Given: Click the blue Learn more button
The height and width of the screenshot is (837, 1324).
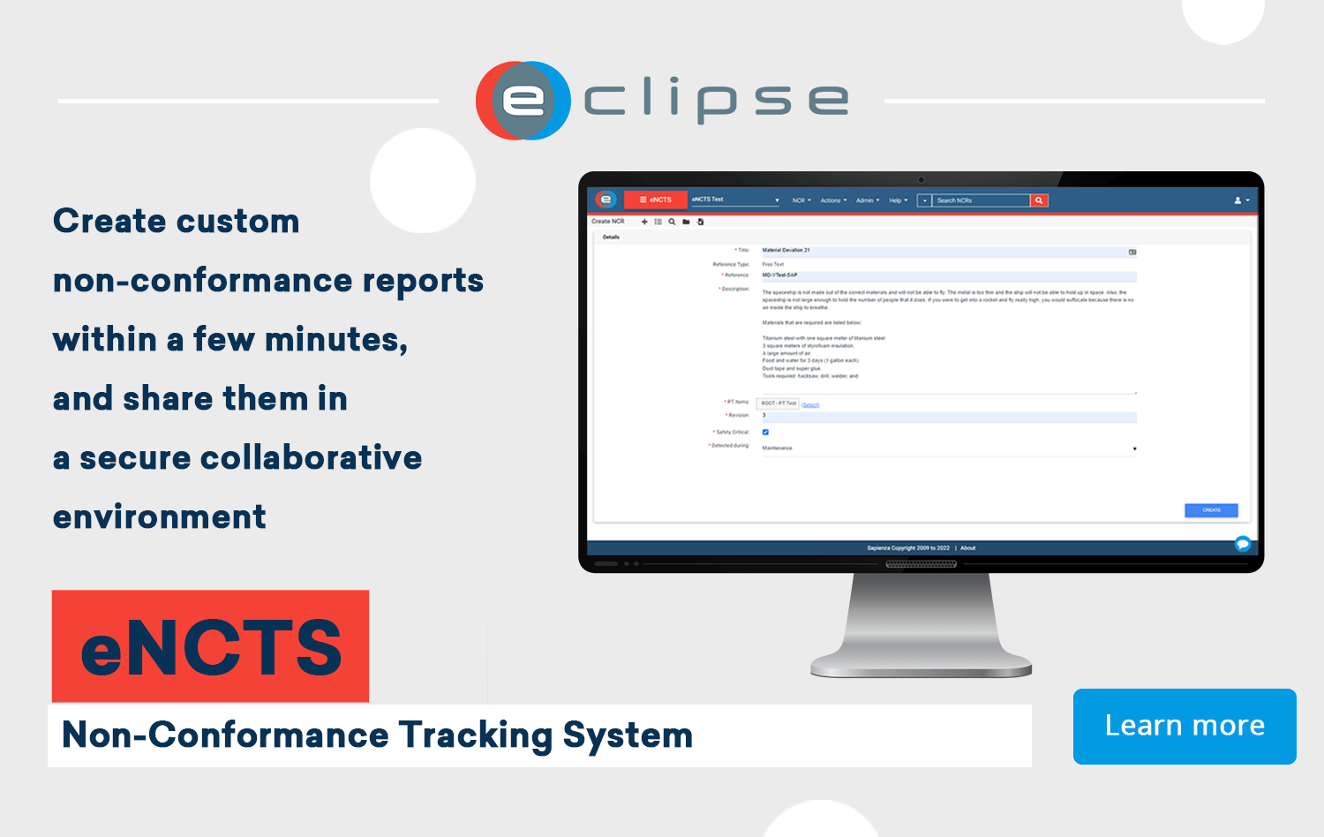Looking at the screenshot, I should click(x=1185, y=726).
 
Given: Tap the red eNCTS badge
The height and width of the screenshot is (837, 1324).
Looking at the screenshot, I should click(x=210, y=646).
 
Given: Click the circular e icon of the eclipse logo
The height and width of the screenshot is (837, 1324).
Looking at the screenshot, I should click(x=523, y=101).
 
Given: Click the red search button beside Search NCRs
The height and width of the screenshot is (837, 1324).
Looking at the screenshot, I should click(x=1039, y=200).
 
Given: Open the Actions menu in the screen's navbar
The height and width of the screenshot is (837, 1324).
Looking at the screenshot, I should click(x=832, y=200).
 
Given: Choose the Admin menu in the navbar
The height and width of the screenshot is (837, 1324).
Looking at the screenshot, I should click(x=867, y=200).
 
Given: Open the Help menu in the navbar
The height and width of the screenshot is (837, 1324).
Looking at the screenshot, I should click(x=898, y=200).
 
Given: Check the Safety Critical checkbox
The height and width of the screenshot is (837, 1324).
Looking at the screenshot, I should click(x=765, y=432).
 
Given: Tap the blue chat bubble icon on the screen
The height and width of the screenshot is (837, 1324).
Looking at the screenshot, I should click(x=1243, y=544).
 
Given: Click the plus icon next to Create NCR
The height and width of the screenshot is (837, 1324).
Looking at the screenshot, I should click(x=644, y=222).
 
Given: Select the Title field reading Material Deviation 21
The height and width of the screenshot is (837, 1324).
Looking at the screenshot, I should click(x=944, y=251).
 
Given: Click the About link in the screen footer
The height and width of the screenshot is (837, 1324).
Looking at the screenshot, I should click(x=968, y=548).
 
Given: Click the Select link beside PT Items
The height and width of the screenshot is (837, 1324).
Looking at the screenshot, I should click(x=810, y=405).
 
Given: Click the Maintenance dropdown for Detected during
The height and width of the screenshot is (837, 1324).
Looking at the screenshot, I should click(x=949, y=449).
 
